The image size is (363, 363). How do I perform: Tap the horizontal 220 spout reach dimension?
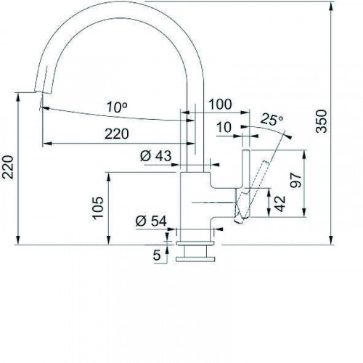coord(115,133)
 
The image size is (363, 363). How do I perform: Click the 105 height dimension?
coord(99,208)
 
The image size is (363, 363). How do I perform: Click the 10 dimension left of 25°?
coord(224,128)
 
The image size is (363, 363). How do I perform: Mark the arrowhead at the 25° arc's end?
coord(289,136)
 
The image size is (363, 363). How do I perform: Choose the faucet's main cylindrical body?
coord(194,203)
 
